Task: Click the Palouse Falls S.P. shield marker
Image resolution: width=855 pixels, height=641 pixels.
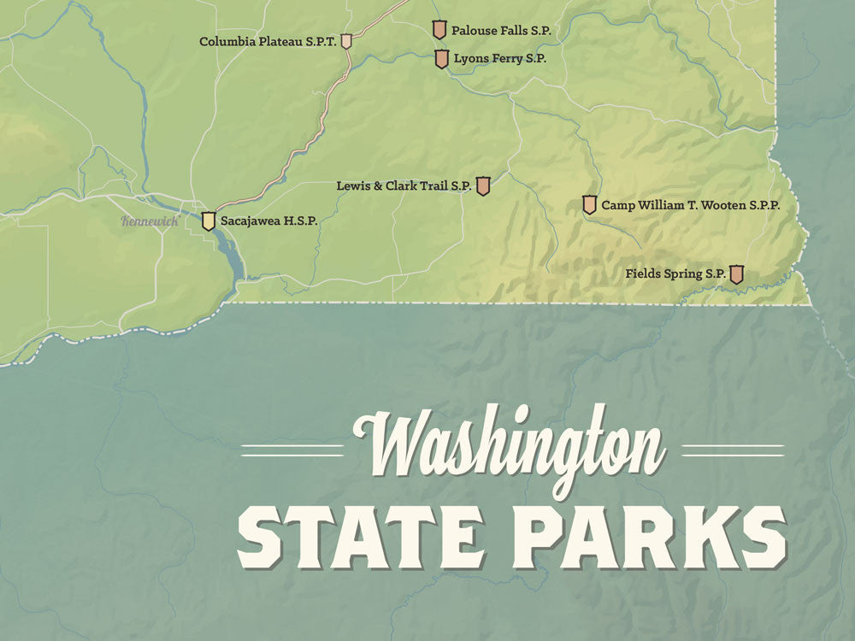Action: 439,30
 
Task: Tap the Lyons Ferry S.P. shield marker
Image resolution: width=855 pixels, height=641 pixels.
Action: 441,59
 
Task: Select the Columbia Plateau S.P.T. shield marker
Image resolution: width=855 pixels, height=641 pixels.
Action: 346,41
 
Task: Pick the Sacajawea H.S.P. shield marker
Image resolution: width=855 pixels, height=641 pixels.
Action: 208,221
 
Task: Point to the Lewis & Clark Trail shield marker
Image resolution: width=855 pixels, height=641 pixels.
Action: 482,185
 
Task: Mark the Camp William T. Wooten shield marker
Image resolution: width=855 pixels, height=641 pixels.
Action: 589,205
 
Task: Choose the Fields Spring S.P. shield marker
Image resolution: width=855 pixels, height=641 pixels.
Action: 736,273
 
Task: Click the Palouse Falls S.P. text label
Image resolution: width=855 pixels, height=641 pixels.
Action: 501,31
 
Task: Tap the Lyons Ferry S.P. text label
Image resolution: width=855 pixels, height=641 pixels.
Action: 500,59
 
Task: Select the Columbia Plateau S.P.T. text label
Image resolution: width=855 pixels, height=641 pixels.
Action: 268,41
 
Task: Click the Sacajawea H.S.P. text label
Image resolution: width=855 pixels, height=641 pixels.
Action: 269,221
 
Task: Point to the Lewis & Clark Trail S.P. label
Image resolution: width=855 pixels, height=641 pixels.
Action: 404,185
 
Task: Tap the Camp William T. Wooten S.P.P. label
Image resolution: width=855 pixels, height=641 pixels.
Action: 690,205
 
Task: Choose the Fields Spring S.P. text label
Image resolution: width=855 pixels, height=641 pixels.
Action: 675,274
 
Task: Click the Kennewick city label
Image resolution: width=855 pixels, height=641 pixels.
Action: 150,221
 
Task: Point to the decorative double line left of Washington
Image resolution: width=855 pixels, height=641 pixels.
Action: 292,450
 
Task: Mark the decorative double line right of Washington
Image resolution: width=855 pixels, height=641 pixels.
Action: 733,450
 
